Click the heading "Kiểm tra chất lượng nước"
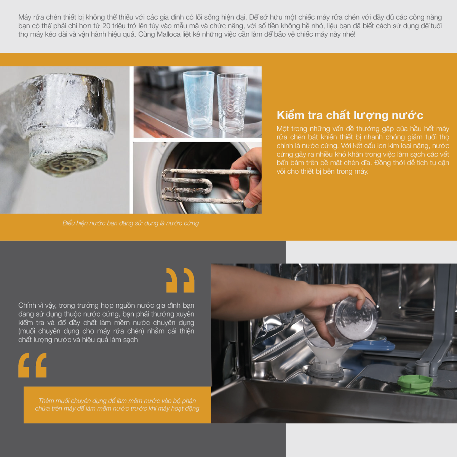coord(350,115)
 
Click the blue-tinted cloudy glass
coord(198,100)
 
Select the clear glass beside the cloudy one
coord(232,103)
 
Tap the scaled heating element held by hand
coord(205,186)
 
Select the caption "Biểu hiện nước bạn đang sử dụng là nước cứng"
coord(131,223)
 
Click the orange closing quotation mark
coord(181,280)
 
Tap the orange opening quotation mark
coord(32,365)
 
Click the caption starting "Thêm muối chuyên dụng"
coord(117,404)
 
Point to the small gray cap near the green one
coord(422,364)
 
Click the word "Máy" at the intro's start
coord(25,18)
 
